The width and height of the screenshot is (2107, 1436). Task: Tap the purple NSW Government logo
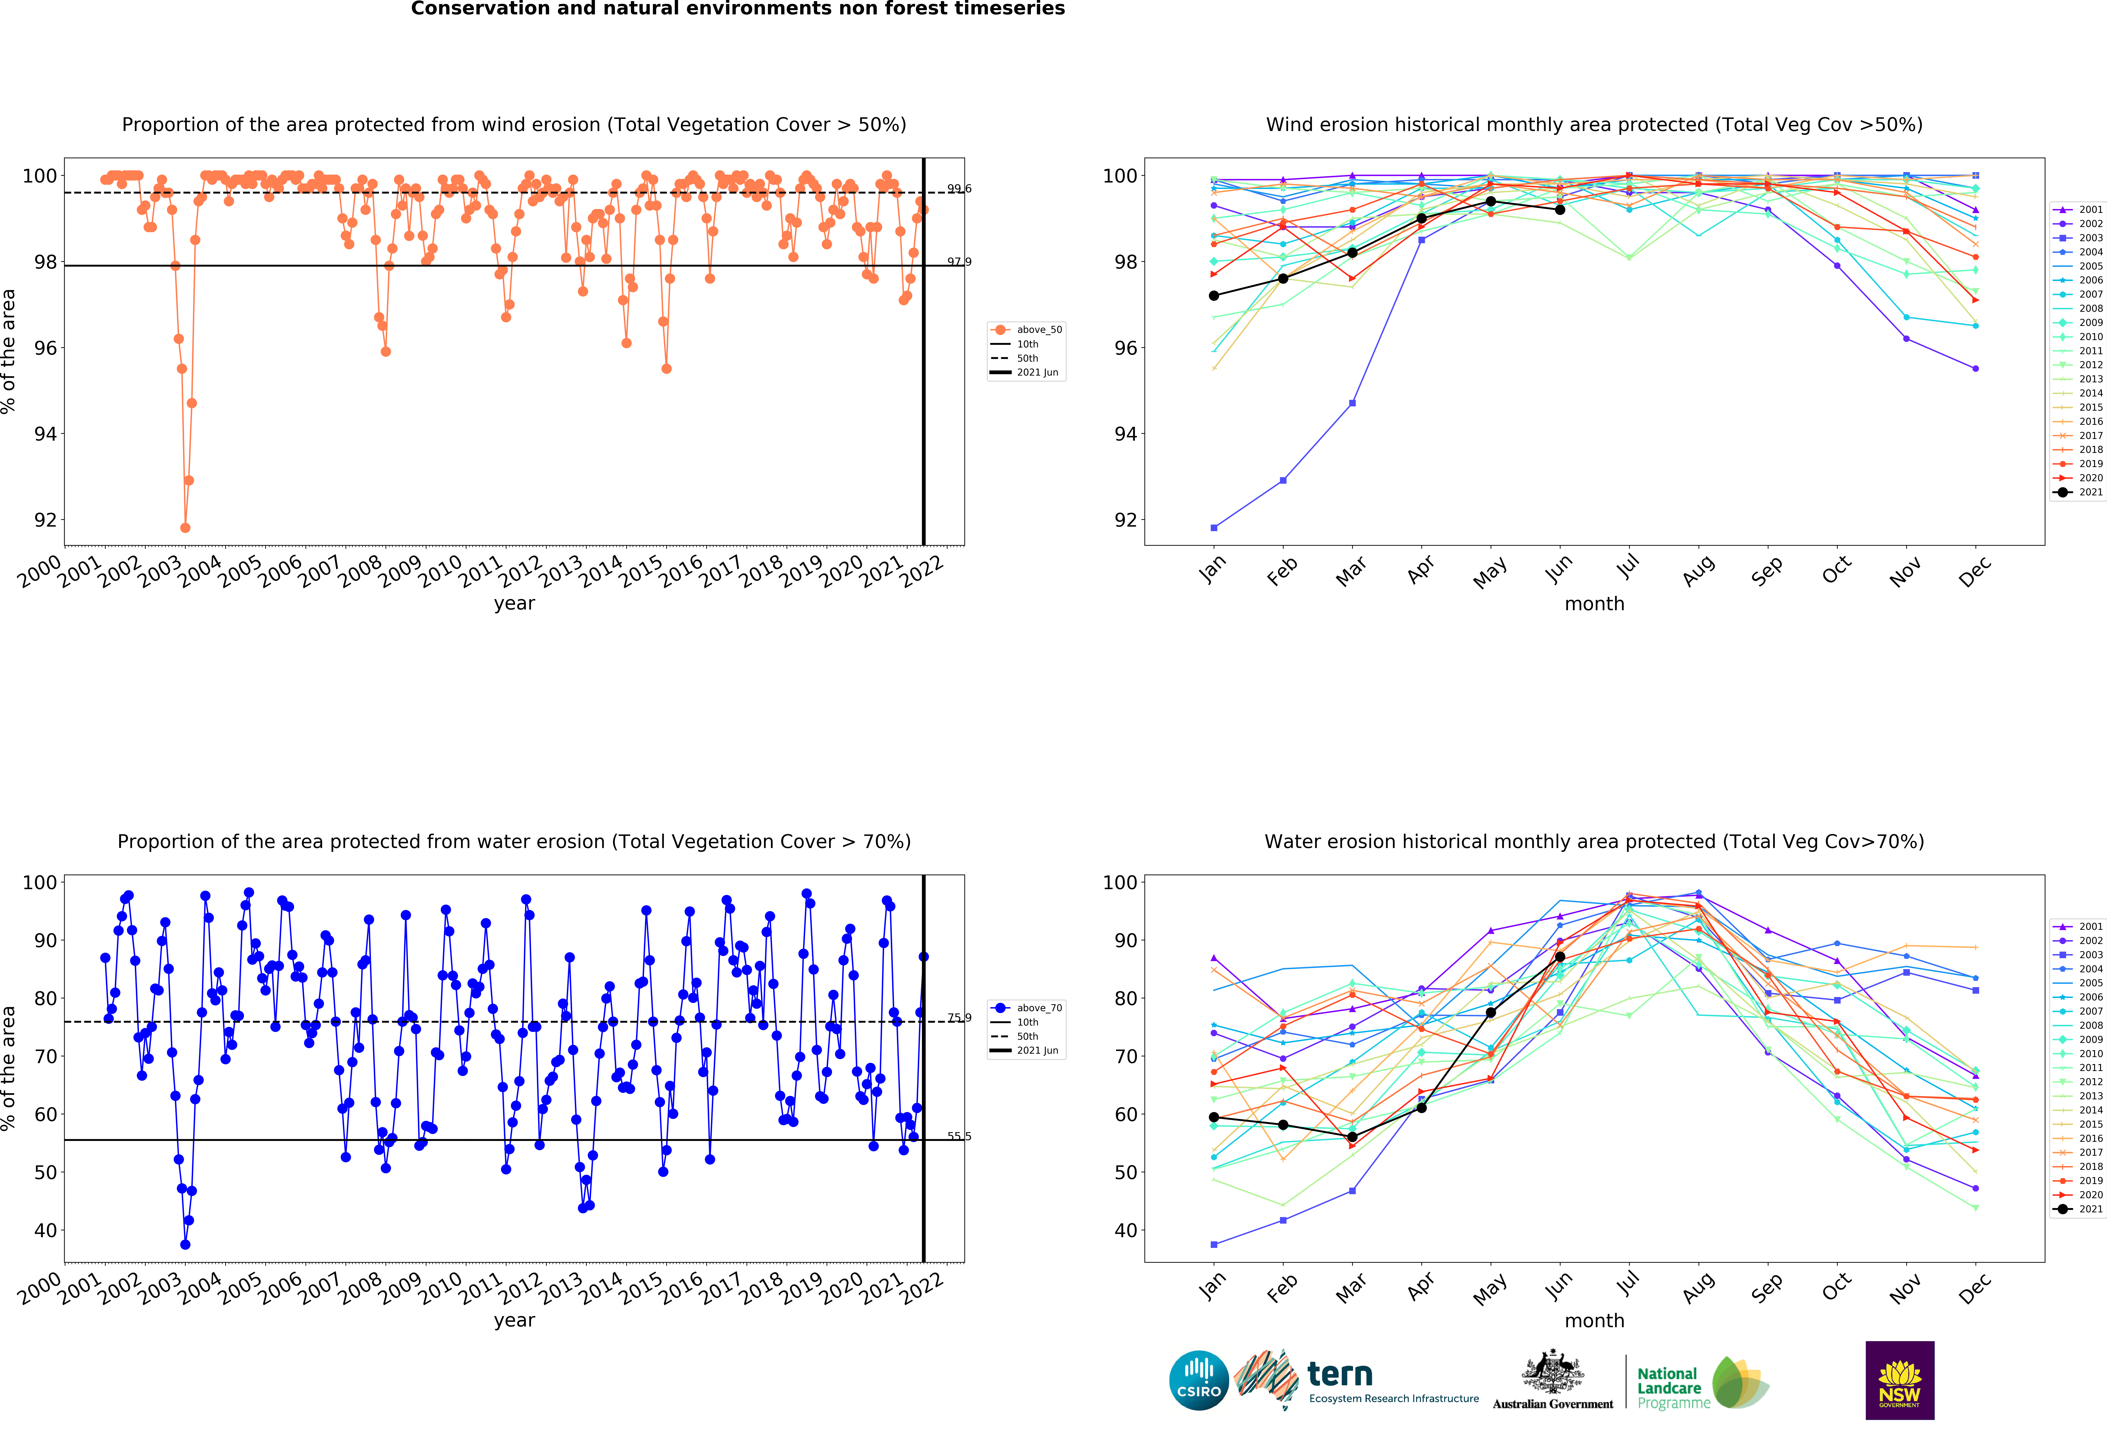tap(1899, 1380)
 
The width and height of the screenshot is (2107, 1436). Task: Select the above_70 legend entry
tap(1026, 1007)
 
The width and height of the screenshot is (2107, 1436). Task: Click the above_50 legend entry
tap(1026, 329)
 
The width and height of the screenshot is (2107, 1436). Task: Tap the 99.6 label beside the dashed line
tap(959, 189)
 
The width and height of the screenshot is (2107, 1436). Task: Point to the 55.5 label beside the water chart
tap(959, 1136)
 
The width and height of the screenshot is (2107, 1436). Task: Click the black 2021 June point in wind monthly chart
tap(1559, 209)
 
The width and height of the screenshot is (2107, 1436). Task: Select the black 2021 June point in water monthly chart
tap(1559, 956)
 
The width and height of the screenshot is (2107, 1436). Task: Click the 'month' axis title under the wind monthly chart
tap(1594, 604)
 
